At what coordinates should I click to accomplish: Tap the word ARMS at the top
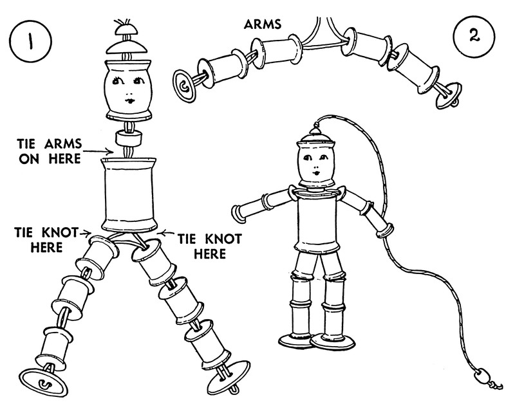[x=263, y=24]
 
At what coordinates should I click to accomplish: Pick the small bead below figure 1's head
[x=129, y=138]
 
